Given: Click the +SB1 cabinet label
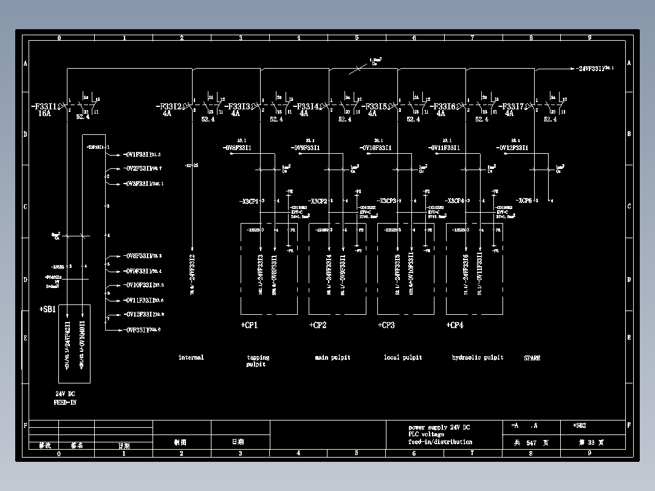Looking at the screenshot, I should pyautogui.click(x=47, y=310).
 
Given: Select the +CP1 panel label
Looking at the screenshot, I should pyautogui.click(x=249, y=326).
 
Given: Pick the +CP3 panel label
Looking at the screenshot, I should pyautogui.click(x=386, y=326).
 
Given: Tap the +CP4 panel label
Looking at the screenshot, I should pyautogui.click(x=454, y=326).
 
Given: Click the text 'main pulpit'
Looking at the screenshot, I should pyautogui.click(x=332, y=357).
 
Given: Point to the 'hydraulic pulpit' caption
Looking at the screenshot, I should pyautogui.click(x=478, y=357).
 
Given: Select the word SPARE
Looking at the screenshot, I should pyautogui.click(x=532, y=358).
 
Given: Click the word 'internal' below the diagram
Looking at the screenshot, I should pyautogui.click(x=191, y=357).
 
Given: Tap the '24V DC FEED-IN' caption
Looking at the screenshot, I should pyautogui.click(x=65, y=398).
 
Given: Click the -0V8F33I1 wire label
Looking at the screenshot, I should pyautogui.click(x=237, y=148).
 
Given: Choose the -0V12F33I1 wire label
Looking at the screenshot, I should pyautogui.click(x=513, y=148).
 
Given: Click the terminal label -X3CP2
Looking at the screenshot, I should pyautogui.click(x=318, y=201).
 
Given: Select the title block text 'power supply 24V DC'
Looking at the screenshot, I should pyautogui.click(x=439, y=427).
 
